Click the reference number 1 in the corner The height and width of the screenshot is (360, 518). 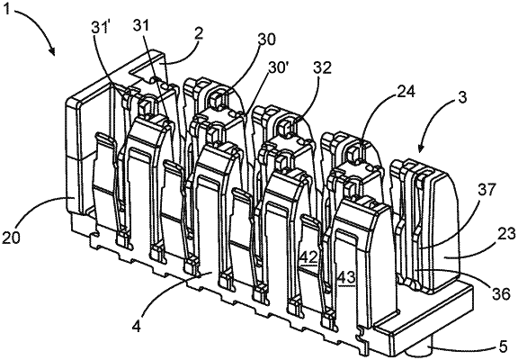[8, 10]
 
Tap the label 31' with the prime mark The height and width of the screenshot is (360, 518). [100, 27]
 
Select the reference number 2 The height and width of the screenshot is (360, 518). [198, 34]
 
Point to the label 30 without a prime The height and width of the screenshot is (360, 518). [266, 40]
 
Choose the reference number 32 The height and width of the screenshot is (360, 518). [322, 68]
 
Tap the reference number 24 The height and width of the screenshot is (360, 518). [406, 92]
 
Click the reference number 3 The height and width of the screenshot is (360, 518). [462, 98]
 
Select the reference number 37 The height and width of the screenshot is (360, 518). [487, 190]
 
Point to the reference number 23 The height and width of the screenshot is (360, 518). [505, 234]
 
